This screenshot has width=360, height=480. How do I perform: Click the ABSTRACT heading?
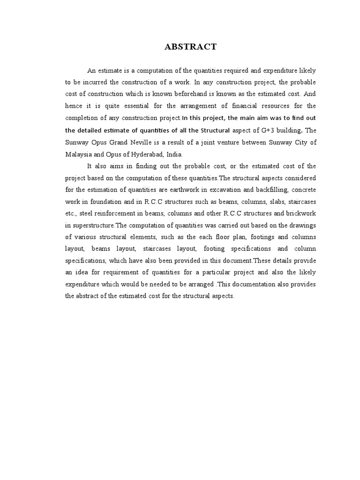pyautogui.click(x=190, y=46)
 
